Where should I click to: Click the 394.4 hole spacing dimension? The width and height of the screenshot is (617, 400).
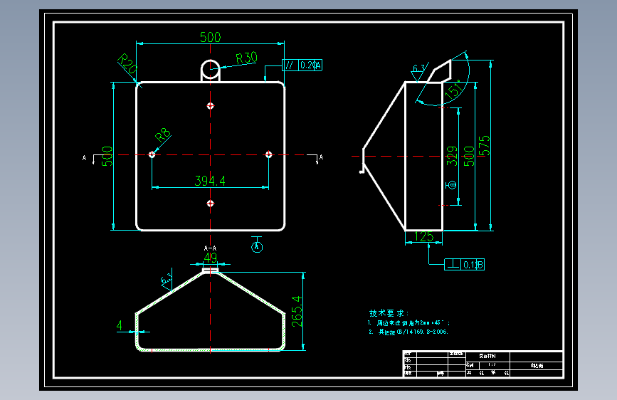coord(210,181)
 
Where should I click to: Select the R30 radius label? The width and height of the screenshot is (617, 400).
coord(246,58)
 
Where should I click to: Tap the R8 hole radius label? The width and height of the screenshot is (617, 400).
coord(163,134)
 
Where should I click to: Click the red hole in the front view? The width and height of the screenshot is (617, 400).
coord(210,106)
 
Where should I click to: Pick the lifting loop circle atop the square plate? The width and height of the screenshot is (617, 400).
coord(210,69)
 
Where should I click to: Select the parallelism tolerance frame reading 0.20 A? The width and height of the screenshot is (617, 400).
coord(302,65)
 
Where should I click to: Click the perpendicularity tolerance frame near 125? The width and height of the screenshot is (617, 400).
coord(465,265)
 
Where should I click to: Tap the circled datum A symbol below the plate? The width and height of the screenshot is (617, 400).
coord(258,246)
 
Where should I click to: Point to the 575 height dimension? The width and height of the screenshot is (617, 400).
coord(485,146)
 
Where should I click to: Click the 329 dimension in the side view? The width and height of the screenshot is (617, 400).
coord(451,156)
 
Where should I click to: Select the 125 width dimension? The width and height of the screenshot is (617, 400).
coord(424,236)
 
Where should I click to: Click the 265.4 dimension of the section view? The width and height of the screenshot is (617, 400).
coord(297,311)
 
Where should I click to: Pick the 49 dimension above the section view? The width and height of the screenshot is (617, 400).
coord(210,258)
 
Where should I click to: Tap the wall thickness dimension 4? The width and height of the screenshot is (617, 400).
coord(120,325)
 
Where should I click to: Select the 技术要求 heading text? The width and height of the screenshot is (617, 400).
coord(389,313)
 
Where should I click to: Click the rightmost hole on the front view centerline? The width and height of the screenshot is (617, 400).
coord(268,154)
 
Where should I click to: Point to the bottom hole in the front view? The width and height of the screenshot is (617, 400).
coord(210,204)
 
